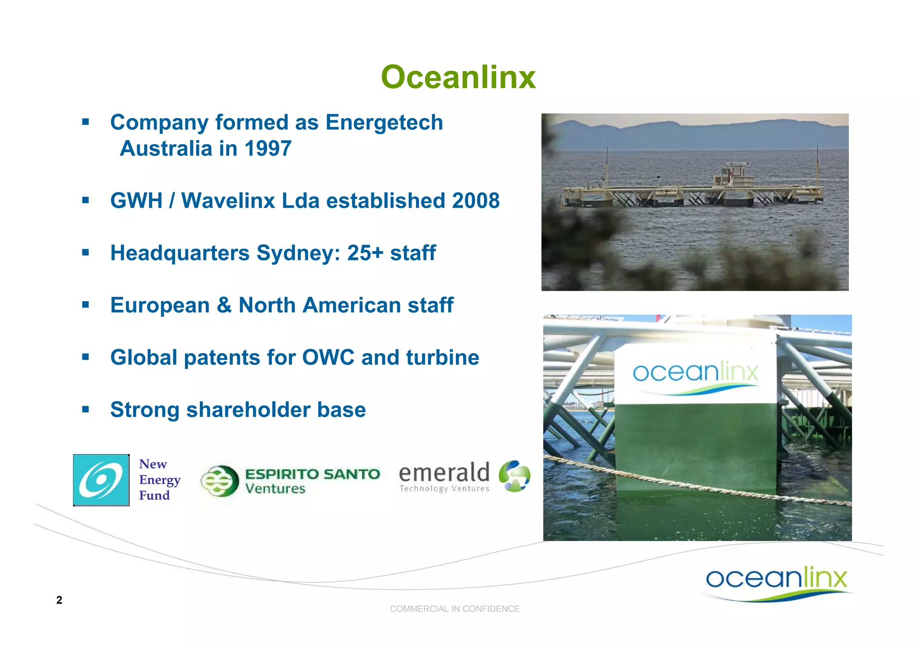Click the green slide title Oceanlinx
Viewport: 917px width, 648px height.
(458, 77)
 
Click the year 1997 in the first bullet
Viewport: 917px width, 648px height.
(268, 149)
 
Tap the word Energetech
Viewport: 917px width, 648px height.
(384, 122)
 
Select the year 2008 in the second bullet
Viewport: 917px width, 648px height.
(476, 200)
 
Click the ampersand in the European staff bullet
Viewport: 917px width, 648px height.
(224, 305)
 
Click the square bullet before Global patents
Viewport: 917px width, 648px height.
(86, 357)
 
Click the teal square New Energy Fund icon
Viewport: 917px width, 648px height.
(101, 480)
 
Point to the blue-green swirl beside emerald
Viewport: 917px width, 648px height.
(514, 476)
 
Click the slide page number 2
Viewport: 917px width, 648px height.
(59, 600)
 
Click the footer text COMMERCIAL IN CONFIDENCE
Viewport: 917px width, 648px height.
(454, 609)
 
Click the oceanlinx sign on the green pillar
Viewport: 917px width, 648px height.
(695, 374)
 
